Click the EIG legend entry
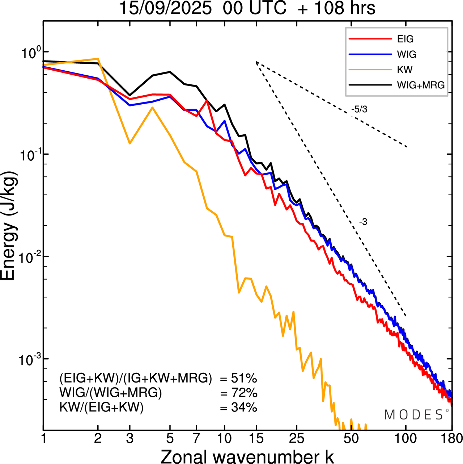(x=405, y=39)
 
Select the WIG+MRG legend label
(x=421, y=85)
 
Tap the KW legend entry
(x=405, y=70)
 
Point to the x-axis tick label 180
(x=452, y=438)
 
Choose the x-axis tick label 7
(x=196, y=438)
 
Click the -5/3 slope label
(x=359, y=109)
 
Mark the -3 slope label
(x=363, y=222)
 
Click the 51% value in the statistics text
(x=244, y=379)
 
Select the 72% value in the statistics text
(x=244, y=393)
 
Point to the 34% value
(x=244, y=407)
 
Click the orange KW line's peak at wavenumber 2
(x=98, y=59)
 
